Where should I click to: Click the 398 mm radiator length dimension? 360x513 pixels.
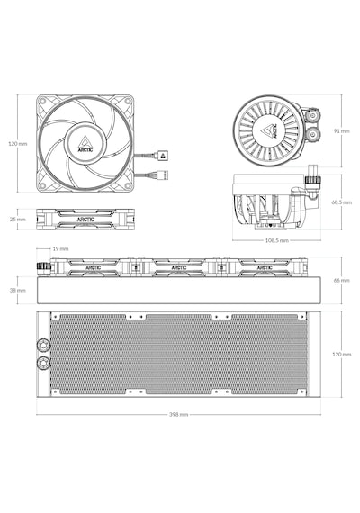pyautogui.click(x=179, y=415)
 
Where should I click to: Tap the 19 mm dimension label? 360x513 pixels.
pyautogui.click(x=60, y=249)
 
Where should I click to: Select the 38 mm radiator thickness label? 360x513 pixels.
pyautogui.click(x=18, y=290)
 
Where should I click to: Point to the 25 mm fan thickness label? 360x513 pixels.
pyautogui.click(x=18, y=220)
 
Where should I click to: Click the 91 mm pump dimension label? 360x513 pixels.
pyautogui.click(x=342, y=131)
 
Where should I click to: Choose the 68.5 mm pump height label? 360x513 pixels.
pyautogui.click(x=342, y=202)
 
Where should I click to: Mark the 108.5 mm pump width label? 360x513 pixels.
pyautogui.click(x=277, y=240)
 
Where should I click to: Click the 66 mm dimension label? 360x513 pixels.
pyautogui.click(x=342, y=281)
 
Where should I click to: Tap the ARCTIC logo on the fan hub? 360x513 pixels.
pyautogui.click(x=85, y=145)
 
